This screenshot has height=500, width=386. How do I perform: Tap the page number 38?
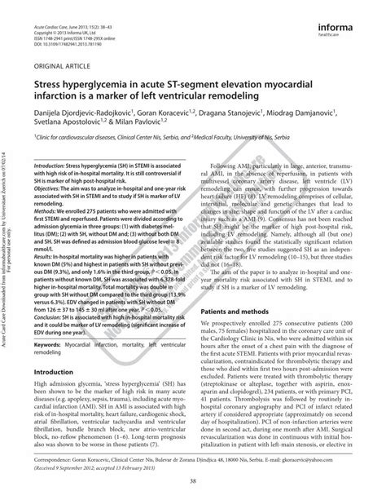tap(192, 480)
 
